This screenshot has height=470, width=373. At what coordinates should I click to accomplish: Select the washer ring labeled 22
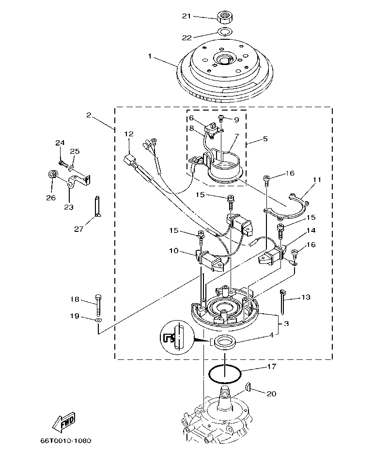[x=224, y=32]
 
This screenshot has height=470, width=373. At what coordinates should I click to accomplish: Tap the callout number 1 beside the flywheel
[x=150, y=57]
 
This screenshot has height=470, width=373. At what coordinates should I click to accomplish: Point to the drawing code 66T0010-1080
[x=66, y=441]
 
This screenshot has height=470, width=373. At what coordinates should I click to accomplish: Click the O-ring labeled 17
[x=225, y=373]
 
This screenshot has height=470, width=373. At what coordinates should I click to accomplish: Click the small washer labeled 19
[x=99, y=320]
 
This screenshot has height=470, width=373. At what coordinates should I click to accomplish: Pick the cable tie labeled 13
[x=282, y=299]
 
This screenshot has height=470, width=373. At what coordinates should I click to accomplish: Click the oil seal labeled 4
[x=224, y=343]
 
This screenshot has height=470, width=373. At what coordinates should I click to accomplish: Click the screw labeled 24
[x=62, y=157]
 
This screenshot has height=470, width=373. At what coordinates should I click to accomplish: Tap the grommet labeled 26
[x=52, y=174]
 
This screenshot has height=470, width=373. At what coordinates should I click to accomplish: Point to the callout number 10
[x=173, y=251]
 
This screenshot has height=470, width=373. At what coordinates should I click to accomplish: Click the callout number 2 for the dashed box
[x=89, y=115]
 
